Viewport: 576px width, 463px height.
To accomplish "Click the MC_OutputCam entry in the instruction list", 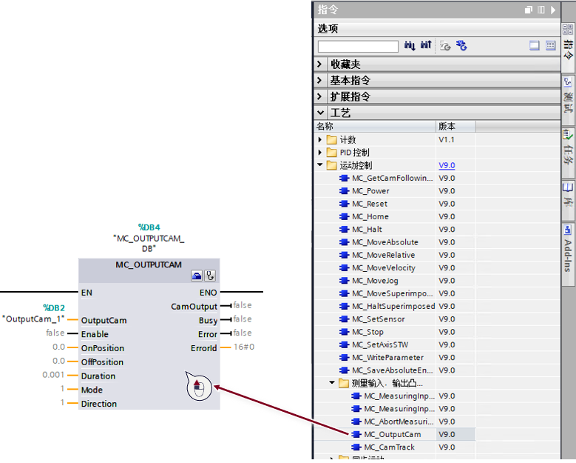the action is [x=393, y=434].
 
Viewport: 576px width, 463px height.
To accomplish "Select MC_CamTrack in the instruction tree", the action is [x=389, y=447].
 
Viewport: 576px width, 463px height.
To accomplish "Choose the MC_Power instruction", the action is [x=370, y=191].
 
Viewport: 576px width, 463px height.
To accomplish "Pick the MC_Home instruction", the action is [x=370, y=216].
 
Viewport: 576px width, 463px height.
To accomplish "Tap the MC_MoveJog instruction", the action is [x=375, y=281].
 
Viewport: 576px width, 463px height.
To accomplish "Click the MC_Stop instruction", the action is [x=367, y=332].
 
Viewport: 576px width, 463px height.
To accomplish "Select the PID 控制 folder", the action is [x=354, y=153].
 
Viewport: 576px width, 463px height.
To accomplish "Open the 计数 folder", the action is [x=348, y=139].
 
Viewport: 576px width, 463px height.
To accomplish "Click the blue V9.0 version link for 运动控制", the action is [x=447, y=165].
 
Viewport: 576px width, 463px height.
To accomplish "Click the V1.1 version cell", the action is [x=447, y=139].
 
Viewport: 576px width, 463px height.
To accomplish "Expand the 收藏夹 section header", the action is [x=345, y=64].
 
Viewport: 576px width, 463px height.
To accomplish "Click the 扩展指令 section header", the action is [x=350, y=96].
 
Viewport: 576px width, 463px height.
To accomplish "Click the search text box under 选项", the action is [x=358, y=47].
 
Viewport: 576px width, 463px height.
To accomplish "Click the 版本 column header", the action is [x=447, y=126].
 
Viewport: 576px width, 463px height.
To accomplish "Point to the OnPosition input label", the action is [x=103, y=348].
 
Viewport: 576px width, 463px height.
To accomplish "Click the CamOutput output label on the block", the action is [x=194, y=307].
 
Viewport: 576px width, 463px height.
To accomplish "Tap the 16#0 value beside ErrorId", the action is [x=244, y=347].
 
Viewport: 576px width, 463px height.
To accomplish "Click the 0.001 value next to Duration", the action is [x=53, y=375].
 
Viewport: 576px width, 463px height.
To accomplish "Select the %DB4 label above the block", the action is [x=149, y=227].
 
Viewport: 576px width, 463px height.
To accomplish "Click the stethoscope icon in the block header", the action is [x=210, y=276].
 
